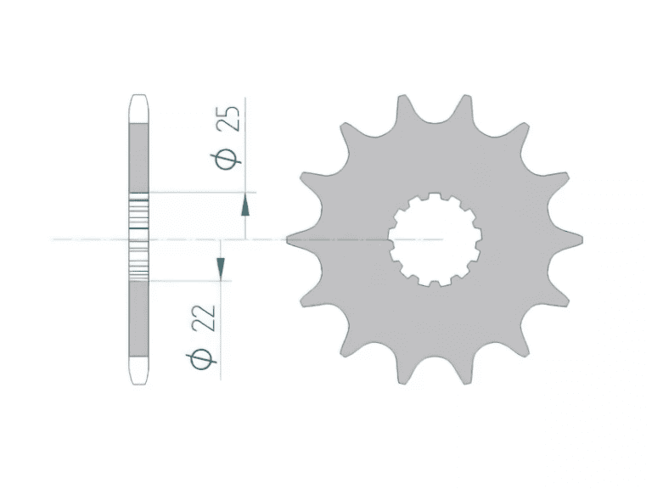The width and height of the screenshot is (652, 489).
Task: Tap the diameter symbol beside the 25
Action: pyautogui.click(x=227, y=158)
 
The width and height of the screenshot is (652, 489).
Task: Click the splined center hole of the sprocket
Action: pyautogui.click(x=436, y=240)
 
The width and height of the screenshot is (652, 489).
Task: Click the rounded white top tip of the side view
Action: pyautogui.click(x=139, y=109)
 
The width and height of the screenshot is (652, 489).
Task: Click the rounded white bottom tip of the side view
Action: pyautogui.click(x=139, y=368)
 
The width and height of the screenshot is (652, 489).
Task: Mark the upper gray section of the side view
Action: pyautogui.click(x=139, y=157)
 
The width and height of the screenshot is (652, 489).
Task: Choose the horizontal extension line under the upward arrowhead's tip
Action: pyautogui.click(x=200, y=192)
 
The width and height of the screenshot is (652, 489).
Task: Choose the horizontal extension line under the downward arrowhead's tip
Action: pyautogui.click(x=187, y=279)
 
